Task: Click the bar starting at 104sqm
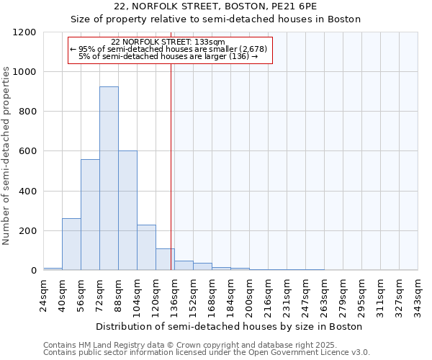coord(146,248)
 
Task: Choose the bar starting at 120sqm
coord(165,259)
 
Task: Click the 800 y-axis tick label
coord(27,112)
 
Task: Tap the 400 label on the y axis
coord(27,192)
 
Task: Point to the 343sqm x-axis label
coord(418,295)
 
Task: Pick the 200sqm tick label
coord(250,295)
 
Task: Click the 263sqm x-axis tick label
coord(325,295)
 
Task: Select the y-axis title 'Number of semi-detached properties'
coord(6,151)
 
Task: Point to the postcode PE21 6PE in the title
coord(296,6)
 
